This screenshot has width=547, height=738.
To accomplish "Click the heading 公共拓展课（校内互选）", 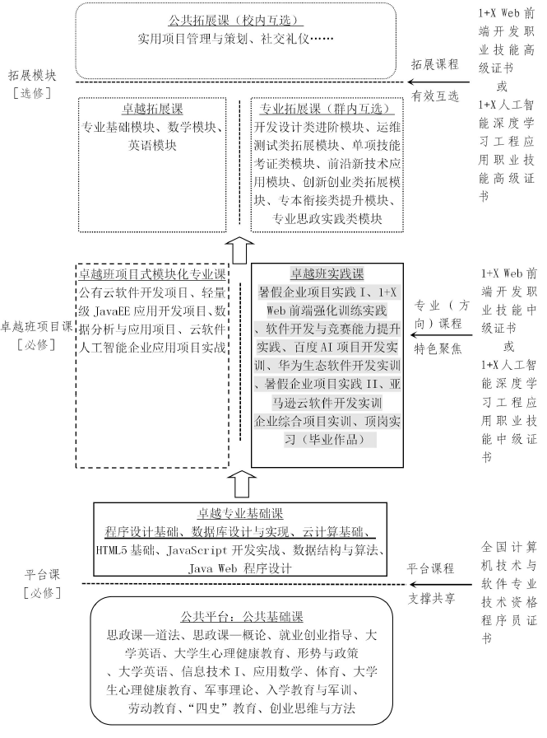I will tap(234, 20).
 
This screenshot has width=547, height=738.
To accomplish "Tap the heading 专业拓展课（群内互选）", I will tap(326, 109).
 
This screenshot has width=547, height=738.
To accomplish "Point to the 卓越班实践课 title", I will tap(327, 273).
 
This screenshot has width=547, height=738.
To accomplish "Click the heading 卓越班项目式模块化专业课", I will tap(151, 273).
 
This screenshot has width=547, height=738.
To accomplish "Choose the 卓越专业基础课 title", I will tap(240, 511).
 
